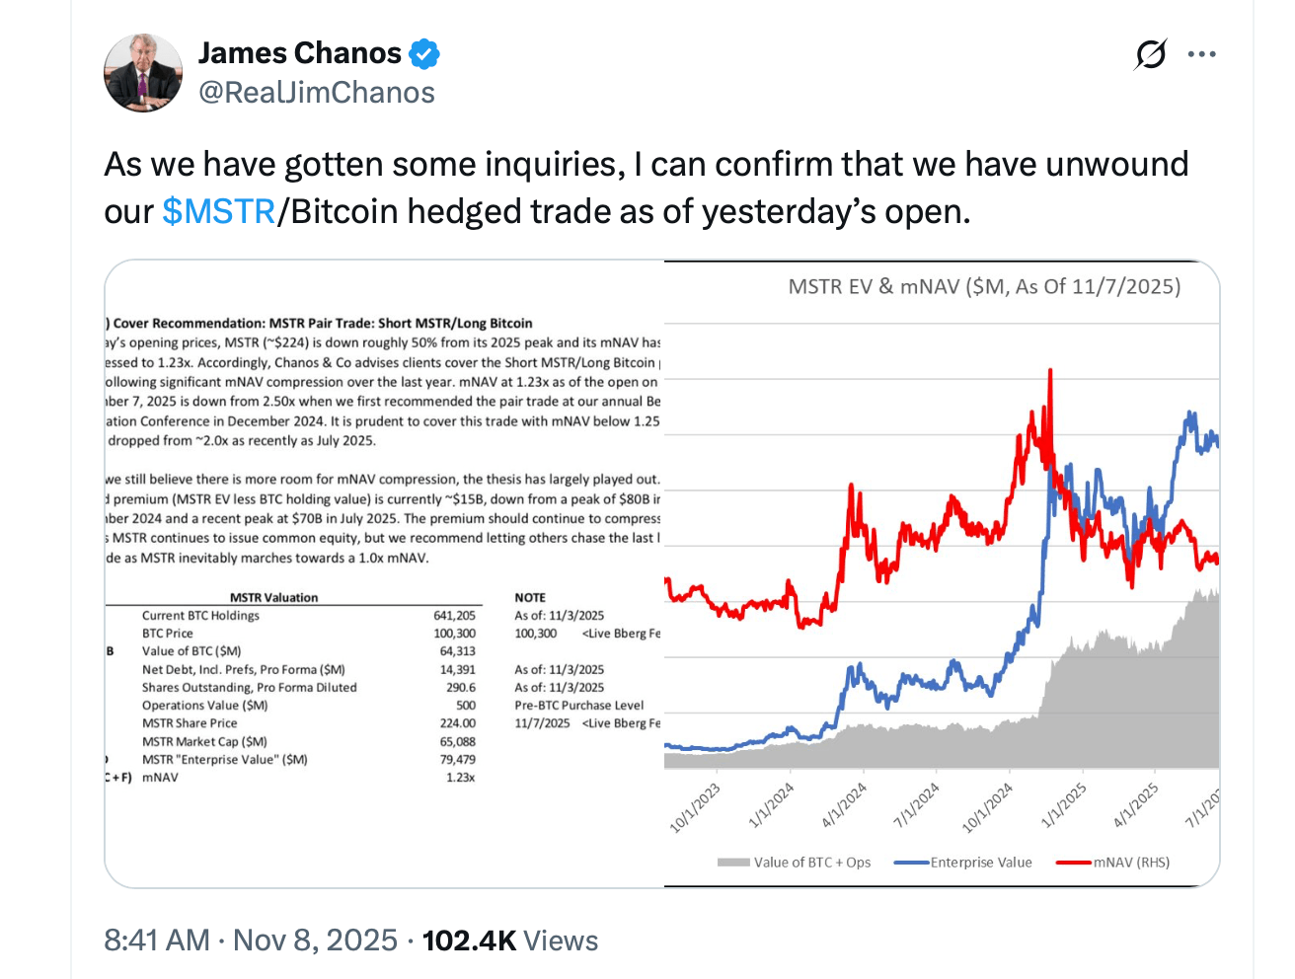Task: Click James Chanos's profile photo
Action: tap(143, 73)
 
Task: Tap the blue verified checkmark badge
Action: tap(424, 53)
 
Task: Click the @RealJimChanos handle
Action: tap(317, 93)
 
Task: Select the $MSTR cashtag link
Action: tap(218, 211)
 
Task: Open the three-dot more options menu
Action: tap(1201, 54)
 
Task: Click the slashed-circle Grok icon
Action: tap(1151, 54)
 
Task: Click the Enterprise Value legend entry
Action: tap(980, 863)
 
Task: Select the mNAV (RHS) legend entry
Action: tap(1130, 863)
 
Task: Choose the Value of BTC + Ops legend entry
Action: tap(811, 863)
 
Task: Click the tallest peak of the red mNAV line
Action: tap(1050, 371)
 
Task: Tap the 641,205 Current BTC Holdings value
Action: tap(454, 616)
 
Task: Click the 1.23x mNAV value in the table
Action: tap(460, 778)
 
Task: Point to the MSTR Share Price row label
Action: tap(190, 723)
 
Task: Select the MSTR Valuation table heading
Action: tap(273, 598)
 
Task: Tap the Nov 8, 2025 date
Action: tap(315, 941)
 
